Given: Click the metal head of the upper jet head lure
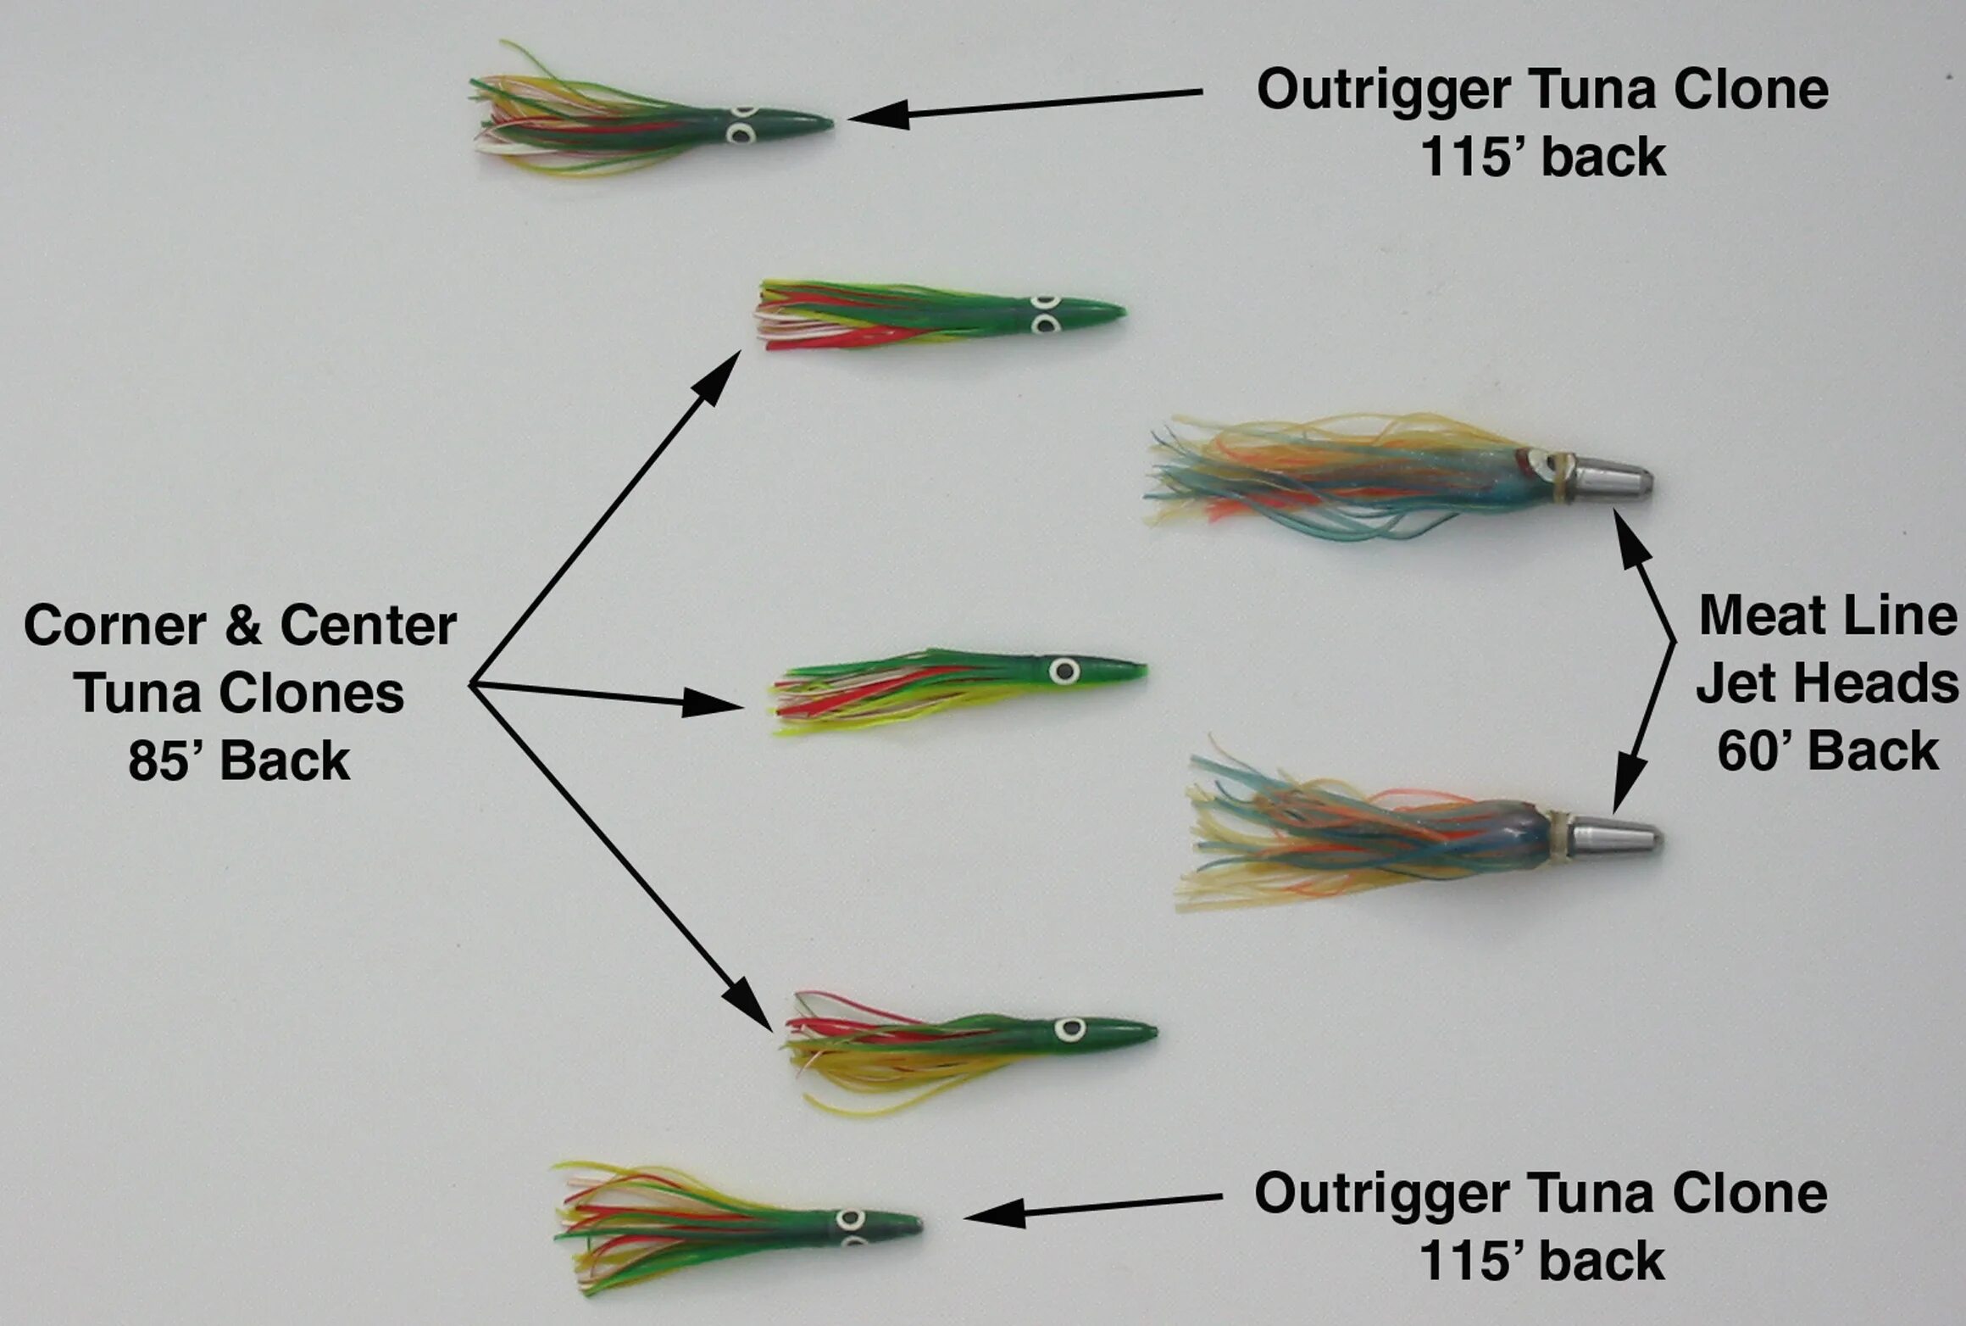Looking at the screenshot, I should click(x=1610, y=478).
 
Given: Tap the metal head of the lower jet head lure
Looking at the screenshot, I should click(x=1614, y=838).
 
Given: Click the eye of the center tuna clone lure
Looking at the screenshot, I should click(x=1064, y=671).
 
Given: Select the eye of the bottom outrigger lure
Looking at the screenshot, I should click(x=848, y=1220).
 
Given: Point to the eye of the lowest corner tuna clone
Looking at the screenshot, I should click(x=1069, y=1029).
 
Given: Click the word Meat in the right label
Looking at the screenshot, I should click(x=1754, y=616).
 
